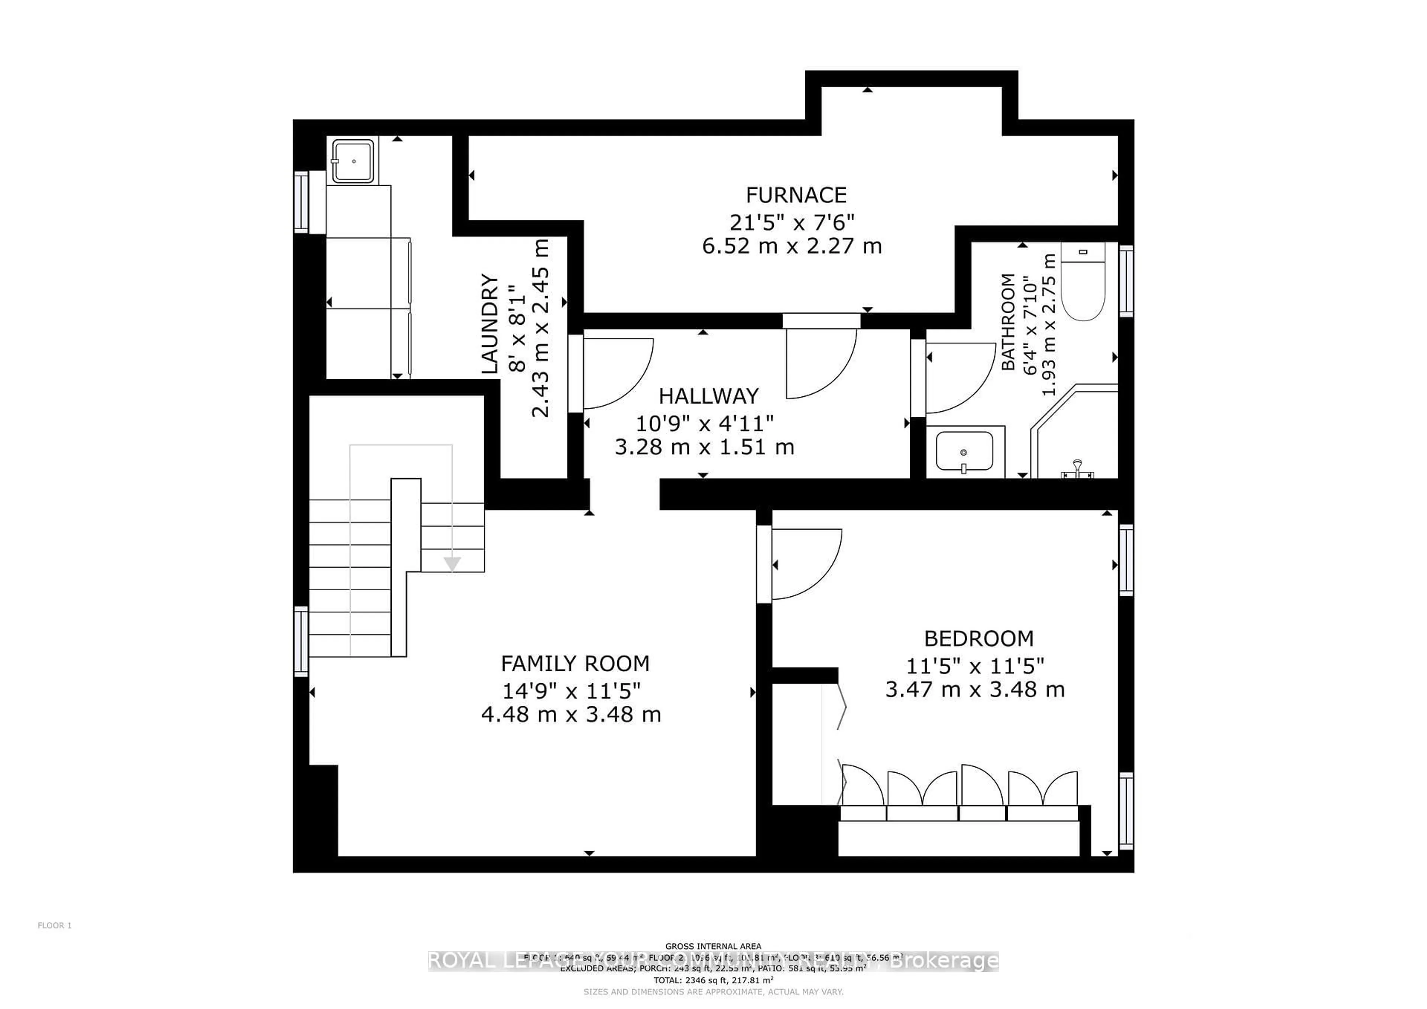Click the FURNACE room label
796,195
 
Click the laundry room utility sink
353,161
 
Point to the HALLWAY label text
709,396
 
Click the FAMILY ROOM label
575,664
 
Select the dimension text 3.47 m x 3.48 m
974,690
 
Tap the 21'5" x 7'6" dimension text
792,221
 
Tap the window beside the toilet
1126,281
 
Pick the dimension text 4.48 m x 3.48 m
570,714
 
